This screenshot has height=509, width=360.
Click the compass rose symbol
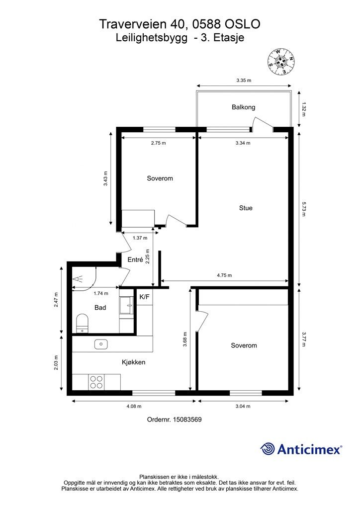281,61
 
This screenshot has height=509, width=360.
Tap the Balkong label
243,107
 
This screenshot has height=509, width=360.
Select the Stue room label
246,208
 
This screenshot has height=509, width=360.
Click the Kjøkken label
133,362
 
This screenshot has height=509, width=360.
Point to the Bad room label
100,307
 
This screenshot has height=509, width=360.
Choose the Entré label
135,259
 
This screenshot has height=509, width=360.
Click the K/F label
145,297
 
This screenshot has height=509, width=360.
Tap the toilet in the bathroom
82,323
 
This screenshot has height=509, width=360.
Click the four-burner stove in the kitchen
96,382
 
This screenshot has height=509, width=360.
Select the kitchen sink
101,344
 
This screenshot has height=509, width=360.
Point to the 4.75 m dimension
224,275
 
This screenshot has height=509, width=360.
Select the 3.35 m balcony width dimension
244,80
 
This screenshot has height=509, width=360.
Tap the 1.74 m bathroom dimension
100,293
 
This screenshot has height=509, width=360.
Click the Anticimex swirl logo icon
268,449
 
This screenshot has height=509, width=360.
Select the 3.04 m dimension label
243,406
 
